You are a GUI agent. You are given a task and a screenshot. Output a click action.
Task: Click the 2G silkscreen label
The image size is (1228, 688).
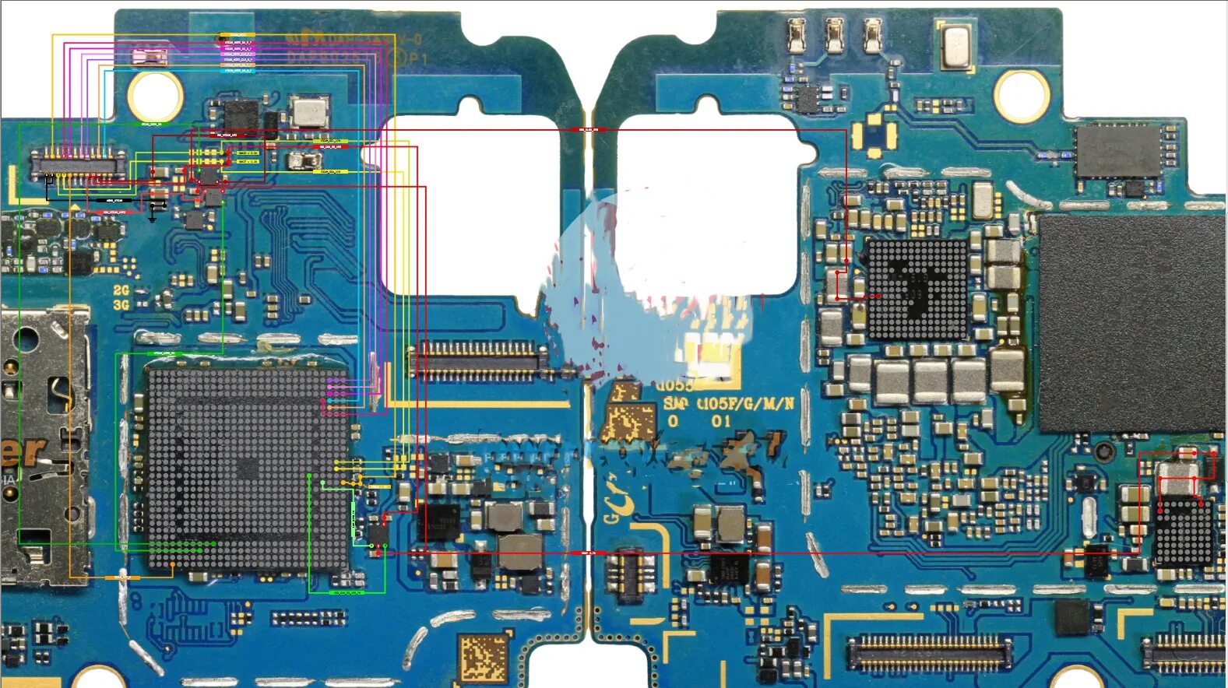pyautogui.click(x=121, y=290)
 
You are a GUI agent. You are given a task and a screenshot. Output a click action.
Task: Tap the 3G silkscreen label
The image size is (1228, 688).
pyautogui.click(x=121, y=305)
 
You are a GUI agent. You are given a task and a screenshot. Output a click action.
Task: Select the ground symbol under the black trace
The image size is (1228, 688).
pyautogui.click(x=153, y=217)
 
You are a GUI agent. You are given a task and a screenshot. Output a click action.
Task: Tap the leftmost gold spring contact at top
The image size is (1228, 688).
pyautogui.click(x=796, y=36)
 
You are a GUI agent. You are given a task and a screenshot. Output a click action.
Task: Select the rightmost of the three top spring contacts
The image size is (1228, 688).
pyautogui.click(x=872, y=36)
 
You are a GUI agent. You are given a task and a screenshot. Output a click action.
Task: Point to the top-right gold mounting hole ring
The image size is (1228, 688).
pyautogui.click(x=1022, y=96)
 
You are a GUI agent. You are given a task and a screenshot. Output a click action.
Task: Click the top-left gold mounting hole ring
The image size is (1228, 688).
pyautogui.click(x=155, y=96)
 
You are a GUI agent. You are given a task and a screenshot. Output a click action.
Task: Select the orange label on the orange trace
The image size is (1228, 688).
pyautogui.click(x=122, y=577)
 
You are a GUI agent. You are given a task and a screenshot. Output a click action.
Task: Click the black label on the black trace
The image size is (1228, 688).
pyautogui.click(x=114, y=201)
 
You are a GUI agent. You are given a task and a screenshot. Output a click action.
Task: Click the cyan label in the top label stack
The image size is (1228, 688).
pyautogui.click(x=238, y=71)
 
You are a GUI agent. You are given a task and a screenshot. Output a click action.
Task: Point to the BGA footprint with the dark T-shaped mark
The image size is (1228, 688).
pyautogui.click(x=917, y=289)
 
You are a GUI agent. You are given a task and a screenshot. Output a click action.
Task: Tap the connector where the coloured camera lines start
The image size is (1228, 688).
pyautogui.click(x=78, y=164)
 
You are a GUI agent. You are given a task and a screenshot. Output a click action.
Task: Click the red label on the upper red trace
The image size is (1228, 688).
pyautogui.click(x=588, y=129)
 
